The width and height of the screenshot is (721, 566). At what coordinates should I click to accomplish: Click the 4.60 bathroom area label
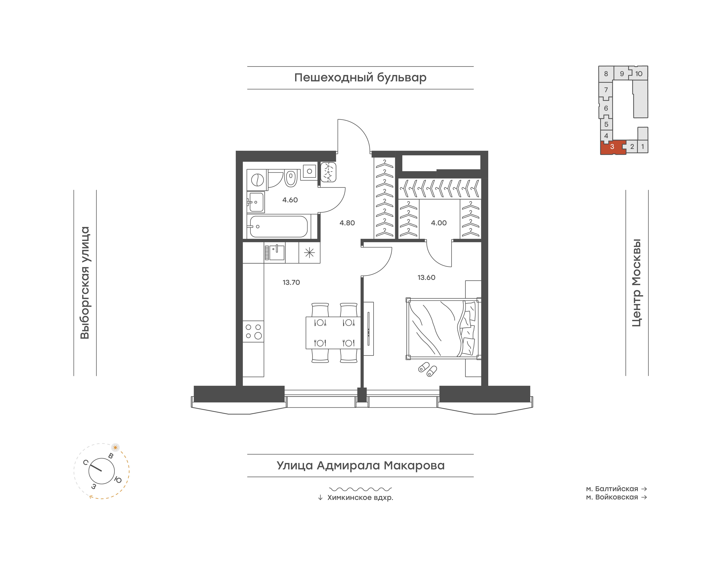point(290,200)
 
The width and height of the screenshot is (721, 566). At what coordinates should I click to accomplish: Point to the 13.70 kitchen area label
point(291,282)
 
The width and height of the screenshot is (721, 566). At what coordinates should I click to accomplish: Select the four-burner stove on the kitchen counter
point(253,331)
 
